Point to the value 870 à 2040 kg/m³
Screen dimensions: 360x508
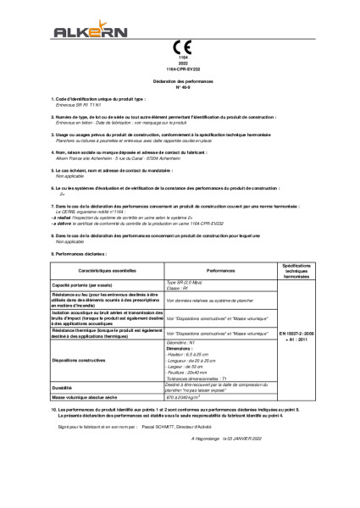[188, 396]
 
